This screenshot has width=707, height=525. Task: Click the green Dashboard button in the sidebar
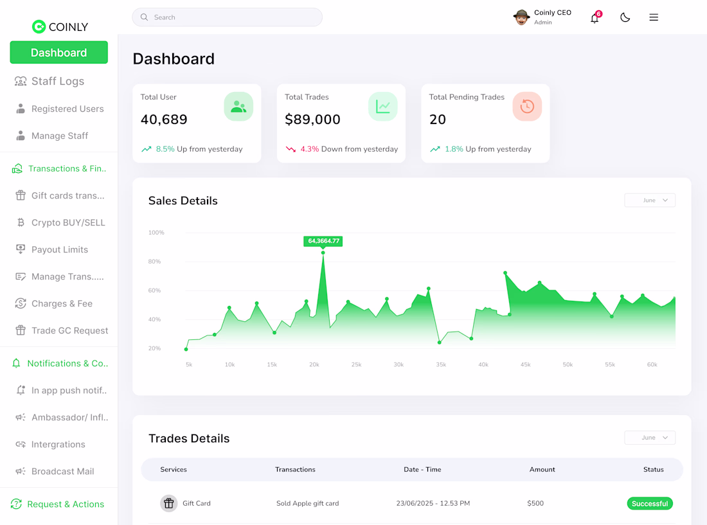click(58, 52)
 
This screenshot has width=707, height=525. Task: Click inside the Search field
click(228, 17)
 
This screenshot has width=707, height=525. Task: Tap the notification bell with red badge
click(595, 17)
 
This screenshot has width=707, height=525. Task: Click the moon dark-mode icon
click(625, 17)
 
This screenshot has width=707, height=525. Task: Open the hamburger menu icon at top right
click(654, 17)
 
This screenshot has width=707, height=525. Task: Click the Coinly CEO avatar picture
click(521, 17)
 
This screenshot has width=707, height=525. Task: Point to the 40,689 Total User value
click(164, 120)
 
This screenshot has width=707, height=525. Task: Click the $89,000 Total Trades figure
click(312, 120)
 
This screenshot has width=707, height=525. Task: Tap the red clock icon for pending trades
click(527, 107)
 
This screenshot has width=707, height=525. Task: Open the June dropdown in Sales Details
click(650, 200)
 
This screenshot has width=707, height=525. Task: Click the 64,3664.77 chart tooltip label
click(323, 241)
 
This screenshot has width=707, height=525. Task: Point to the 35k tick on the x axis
click(441, 364)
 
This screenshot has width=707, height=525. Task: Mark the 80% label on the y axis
click(154, 262)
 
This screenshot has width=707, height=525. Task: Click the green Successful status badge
click(650, 503)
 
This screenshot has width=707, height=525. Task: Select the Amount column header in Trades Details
click(542, 470)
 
